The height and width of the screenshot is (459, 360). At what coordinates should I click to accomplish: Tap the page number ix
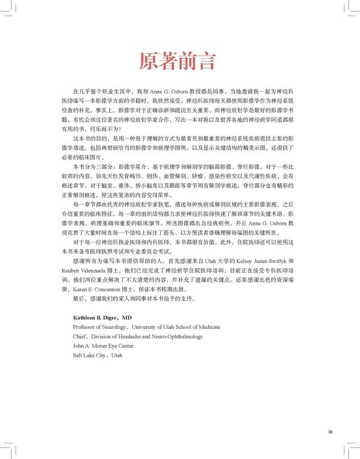coord(330,431)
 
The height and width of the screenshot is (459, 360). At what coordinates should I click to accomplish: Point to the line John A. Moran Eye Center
coord(103,346)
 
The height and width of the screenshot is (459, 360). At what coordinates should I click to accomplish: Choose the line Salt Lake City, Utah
coord(98,355)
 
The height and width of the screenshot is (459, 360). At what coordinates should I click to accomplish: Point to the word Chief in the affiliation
coord(80,336)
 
